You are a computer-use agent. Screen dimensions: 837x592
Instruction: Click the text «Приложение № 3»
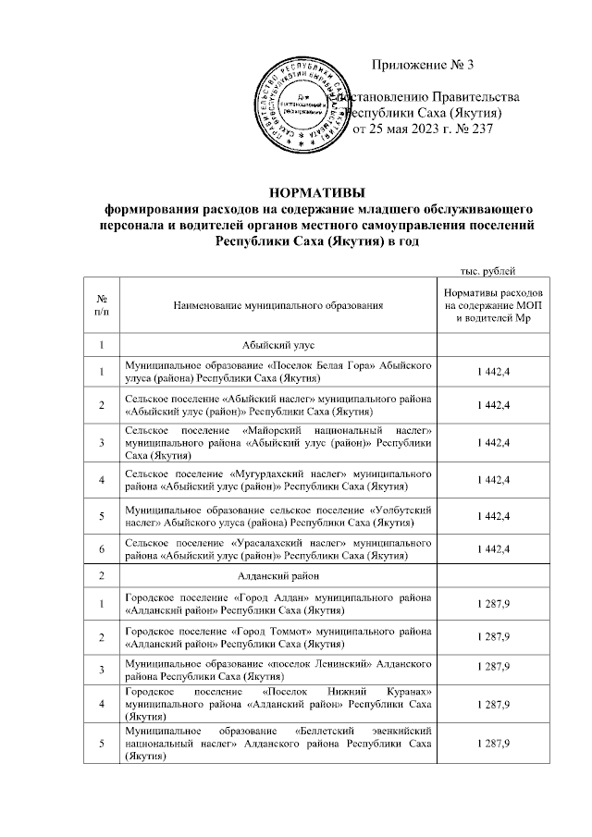pyautogui.click(x=422, y=65)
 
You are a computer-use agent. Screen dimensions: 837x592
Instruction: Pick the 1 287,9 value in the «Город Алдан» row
pyautogui.click(x=494, y=604)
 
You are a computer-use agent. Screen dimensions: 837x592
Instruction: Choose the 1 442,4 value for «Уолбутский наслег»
pyautogui.click(x=494, y=514)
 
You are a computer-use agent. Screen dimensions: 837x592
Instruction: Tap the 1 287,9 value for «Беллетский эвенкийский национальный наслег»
pyautogui.click(x=494, y=744)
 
